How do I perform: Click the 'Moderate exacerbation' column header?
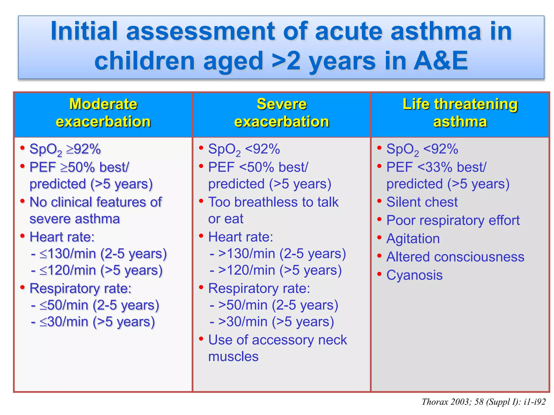103,113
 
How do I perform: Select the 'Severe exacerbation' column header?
281,113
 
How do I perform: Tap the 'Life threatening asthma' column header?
460,113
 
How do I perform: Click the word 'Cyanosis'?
414,275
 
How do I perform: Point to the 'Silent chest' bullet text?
422,202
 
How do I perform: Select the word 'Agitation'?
413,239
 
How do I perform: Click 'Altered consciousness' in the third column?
455,257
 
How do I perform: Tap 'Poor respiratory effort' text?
453,220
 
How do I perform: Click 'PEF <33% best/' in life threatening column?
436,167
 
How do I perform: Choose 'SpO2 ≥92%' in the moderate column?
65,149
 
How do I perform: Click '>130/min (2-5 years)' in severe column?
282,254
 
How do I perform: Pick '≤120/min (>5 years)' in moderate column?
101,270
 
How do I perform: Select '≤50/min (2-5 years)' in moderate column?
99,305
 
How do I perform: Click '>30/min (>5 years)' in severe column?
276,322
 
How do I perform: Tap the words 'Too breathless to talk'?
273,202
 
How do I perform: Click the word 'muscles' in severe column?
233,357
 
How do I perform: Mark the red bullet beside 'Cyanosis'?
379,274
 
